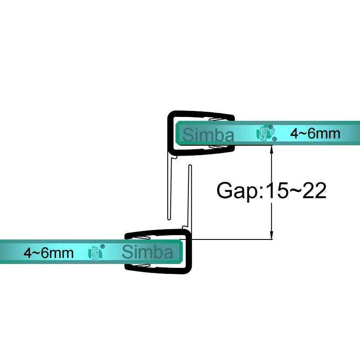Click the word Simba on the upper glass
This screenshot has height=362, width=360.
click(x=209, y=135)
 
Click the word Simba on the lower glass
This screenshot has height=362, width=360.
click(x=147, y=252)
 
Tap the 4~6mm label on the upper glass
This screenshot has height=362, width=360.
click(x=315, y=133)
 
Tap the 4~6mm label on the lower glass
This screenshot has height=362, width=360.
click(x=48, y=252)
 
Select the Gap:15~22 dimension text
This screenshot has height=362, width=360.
click(x=271, y=190)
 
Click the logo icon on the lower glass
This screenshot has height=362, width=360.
click(x=96, y=252)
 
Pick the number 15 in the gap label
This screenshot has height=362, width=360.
click(x=277, y=190)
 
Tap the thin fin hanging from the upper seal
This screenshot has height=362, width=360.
click(x=169, y=189)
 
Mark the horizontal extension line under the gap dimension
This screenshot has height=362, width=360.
click(x=232, y=239)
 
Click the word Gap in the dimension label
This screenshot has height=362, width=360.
click(x=237, y=190)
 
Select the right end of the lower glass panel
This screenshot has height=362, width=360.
click(x=180, y=252)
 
